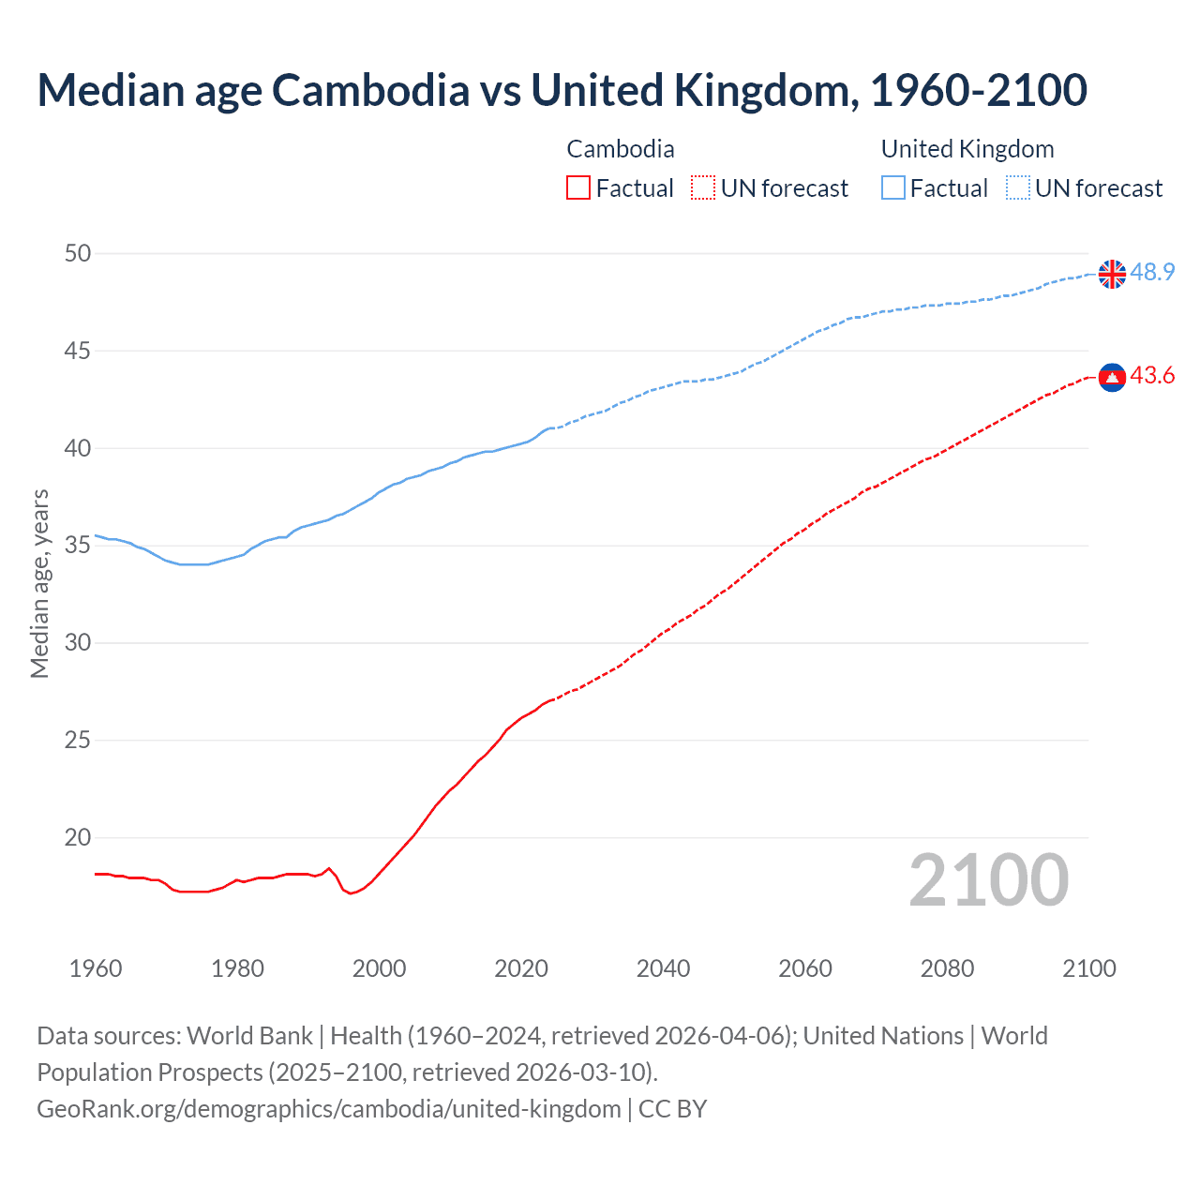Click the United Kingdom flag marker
point(1112,274)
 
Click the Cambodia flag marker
point(1112,377)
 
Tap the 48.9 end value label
point(1152,272)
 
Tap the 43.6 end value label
point(1152,375)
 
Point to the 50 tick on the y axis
point(79,253)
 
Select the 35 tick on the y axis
point(79,545)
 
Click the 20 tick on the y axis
point(79,837)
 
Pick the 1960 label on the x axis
point(96,968)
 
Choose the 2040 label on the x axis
point(663,968)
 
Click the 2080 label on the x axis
point(947,968)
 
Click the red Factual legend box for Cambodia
point(578,188)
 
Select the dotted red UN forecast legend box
point(703,188)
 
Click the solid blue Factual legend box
point(893,188)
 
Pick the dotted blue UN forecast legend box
point(1018,188)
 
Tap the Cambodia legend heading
point(621,149)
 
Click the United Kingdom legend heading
point(967,149)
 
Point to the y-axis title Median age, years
point(39,583)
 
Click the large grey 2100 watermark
point(988,879)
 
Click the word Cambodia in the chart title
point(370,90)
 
